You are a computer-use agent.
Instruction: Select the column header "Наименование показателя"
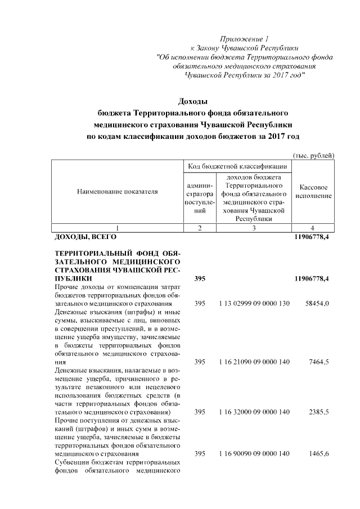117,192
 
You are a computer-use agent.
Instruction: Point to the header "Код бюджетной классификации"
237,166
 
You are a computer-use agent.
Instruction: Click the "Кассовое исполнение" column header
314,191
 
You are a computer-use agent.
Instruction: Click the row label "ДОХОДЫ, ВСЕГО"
84,238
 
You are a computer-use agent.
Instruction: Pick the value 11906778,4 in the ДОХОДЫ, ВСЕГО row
312,238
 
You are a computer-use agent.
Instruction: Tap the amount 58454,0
317,304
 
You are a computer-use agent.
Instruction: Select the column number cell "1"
117,228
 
